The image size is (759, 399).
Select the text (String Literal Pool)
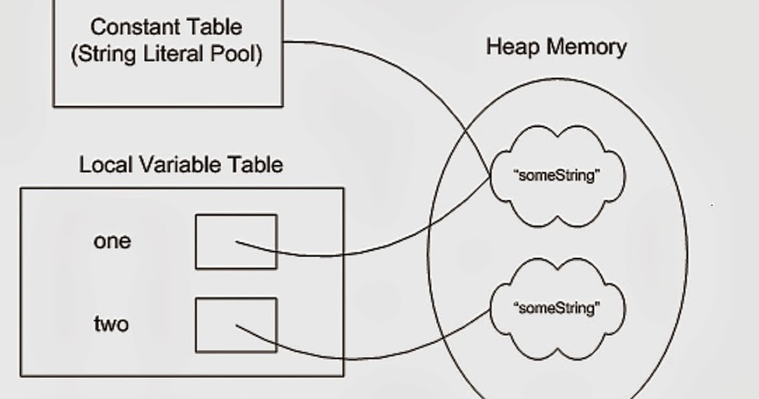(x=167, y=55)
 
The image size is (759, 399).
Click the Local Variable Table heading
(x=181, y=164)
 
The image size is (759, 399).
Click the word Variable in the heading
(x=181, y=164)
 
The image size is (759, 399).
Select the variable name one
(x=112, y=242)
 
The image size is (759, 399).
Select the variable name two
(x=111, y=324)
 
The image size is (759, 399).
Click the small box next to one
(x=236, y=242)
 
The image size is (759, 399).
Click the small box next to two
(x=236, y=325)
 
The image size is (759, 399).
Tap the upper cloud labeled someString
(x=557, y=175)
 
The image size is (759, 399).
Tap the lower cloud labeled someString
(x=557, y=308)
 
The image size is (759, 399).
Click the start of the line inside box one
(x=237, y=242)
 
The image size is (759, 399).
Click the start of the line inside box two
(x=237, y=326)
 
